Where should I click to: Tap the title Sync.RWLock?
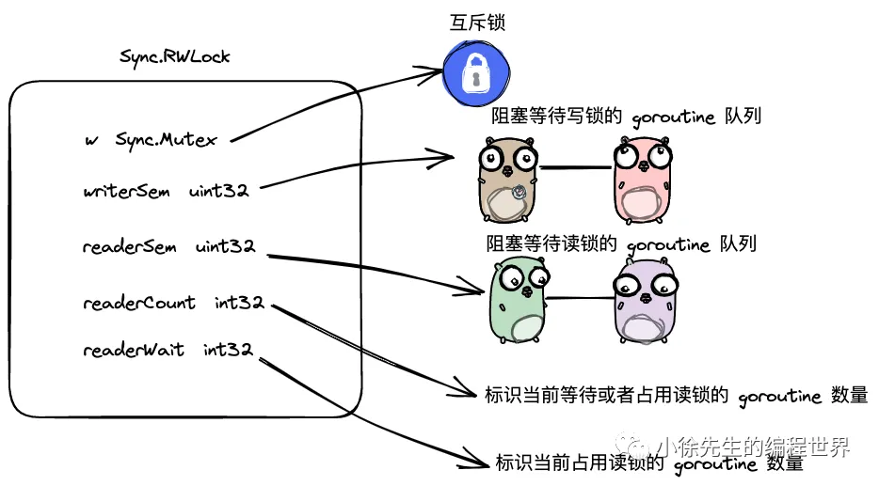(x=175, y=56)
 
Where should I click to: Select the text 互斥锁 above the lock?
(x=476, y=22)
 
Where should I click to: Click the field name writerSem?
(x=126, y=191)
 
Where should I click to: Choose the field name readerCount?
(x=138, y=303)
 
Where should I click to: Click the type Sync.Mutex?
(x=166, y=140)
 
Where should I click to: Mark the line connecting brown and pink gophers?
(x=574, y=168)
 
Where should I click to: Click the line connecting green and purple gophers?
(x=581, y=299)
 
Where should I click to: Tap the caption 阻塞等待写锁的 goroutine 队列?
(x=626, y=118)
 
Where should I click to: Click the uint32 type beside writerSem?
(x=218, y=191)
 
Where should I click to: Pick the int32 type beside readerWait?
(x=228, y=350)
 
